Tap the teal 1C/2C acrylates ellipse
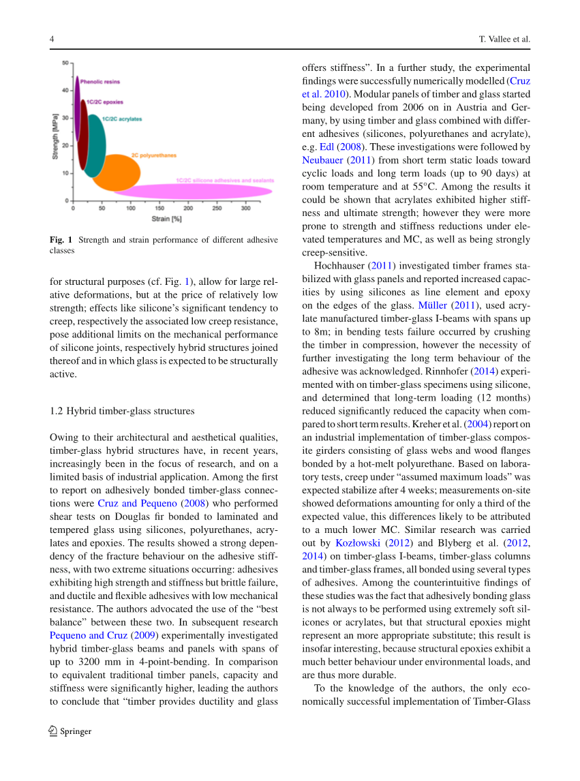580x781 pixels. point(96,145)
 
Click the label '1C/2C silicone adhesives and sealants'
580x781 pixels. point(225,181)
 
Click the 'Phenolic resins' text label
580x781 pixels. point(100,82)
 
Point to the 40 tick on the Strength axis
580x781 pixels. point(65,90)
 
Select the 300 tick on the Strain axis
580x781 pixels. point(245,208)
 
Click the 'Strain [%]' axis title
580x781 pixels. point(166,219)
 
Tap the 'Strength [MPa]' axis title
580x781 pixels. point(55,136)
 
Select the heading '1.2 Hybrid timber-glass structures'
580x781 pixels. point(122,411)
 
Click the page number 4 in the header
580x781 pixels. point(52,40)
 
